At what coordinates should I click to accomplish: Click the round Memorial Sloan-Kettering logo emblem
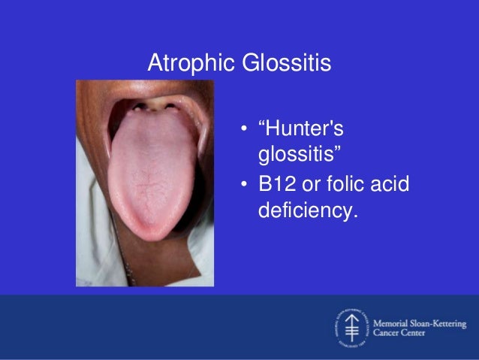coord(350,328)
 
